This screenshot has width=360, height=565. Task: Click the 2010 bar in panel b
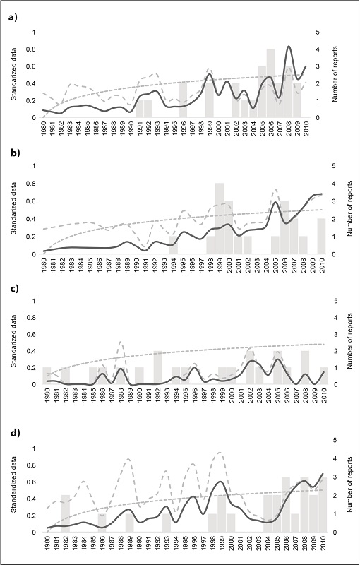[301, 236]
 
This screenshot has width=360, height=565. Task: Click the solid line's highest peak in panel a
[289, 47]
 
